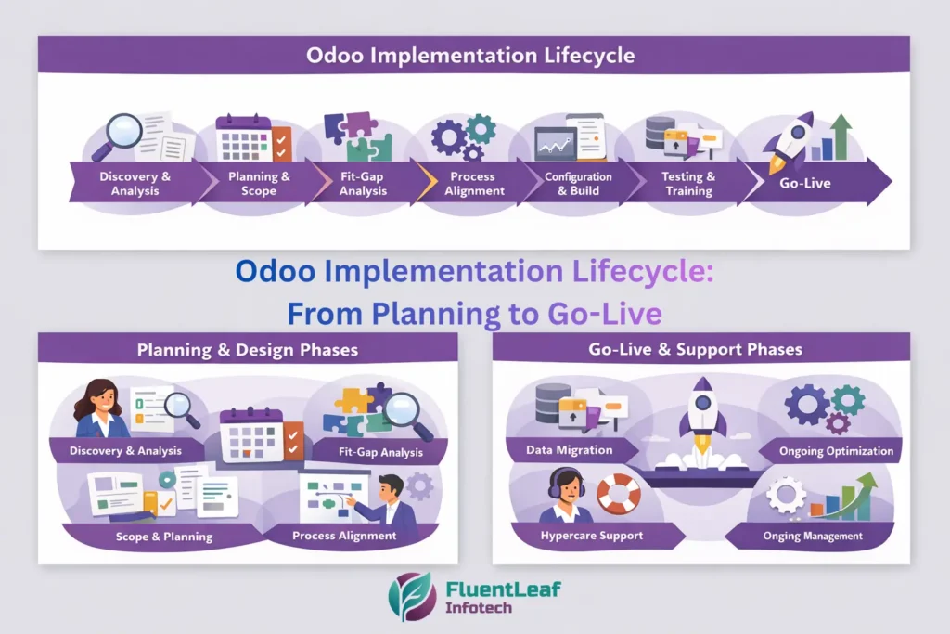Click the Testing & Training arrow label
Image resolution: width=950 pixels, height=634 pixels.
click(687, 183)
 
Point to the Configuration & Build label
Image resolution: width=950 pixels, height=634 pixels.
click(578, 183)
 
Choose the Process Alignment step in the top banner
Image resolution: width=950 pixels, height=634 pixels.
click(475, 183)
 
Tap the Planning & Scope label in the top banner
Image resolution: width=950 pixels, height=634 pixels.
click(259, 183)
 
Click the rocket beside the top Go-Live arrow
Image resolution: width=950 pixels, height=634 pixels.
click(790, 139)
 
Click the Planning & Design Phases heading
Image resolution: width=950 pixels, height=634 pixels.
click(248, 350)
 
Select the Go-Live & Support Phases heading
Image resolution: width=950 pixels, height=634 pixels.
click(695, 350)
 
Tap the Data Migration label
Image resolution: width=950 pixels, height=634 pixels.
click(571, 450)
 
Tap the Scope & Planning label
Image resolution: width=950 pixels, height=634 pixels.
click(163, 537)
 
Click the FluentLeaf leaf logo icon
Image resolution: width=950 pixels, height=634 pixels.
click(412, 596)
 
